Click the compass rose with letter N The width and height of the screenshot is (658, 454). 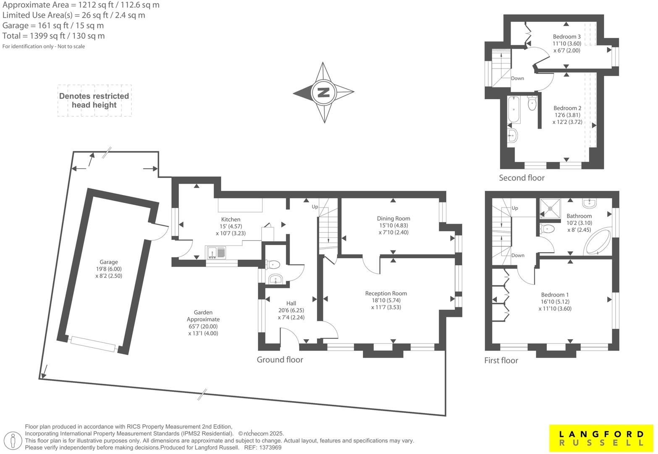click(x=323, y=92)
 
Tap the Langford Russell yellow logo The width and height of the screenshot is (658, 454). click(x=601, y=438)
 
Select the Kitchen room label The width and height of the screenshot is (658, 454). click(x=231, y=219)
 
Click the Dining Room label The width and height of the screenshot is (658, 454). click(x=393, y=219)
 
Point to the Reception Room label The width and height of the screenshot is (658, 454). click(x=386, y=293)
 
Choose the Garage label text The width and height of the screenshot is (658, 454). click(x=109, y=262)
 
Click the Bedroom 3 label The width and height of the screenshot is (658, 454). click(x=566, y=37)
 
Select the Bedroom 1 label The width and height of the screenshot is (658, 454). click(x=555, y=295)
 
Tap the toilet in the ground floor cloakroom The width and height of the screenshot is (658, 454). click(x=273, y=264)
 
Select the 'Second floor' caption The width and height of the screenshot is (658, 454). click(x=521, y=178)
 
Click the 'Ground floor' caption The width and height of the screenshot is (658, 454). click(x=280, y=359)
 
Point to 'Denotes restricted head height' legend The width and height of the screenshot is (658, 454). click(x=94, y=100)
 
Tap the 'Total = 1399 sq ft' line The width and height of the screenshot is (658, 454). click(x=53, y=36)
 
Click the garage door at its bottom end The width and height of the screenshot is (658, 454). click(x=93, y=344)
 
